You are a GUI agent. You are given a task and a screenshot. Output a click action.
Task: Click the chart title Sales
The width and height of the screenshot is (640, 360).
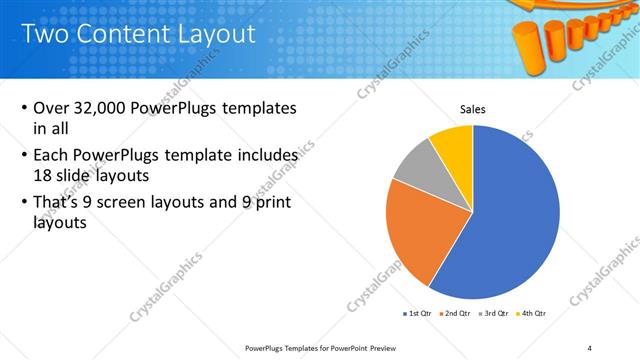[473, 109]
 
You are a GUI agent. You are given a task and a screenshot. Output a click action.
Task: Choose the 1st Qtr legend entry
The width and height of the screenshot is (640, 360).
[417, 313]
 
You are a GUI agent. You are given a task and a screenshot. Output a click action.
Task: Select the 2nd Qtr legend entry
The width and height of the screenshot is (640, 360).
[455, 313]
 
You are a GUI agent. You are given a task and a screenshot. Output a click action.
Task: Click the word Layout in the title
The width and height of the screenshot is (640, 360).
[209, 35]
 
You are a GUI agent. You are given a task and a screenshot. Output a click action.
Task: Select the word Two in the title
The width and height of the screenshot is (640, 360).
[47, 35]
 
